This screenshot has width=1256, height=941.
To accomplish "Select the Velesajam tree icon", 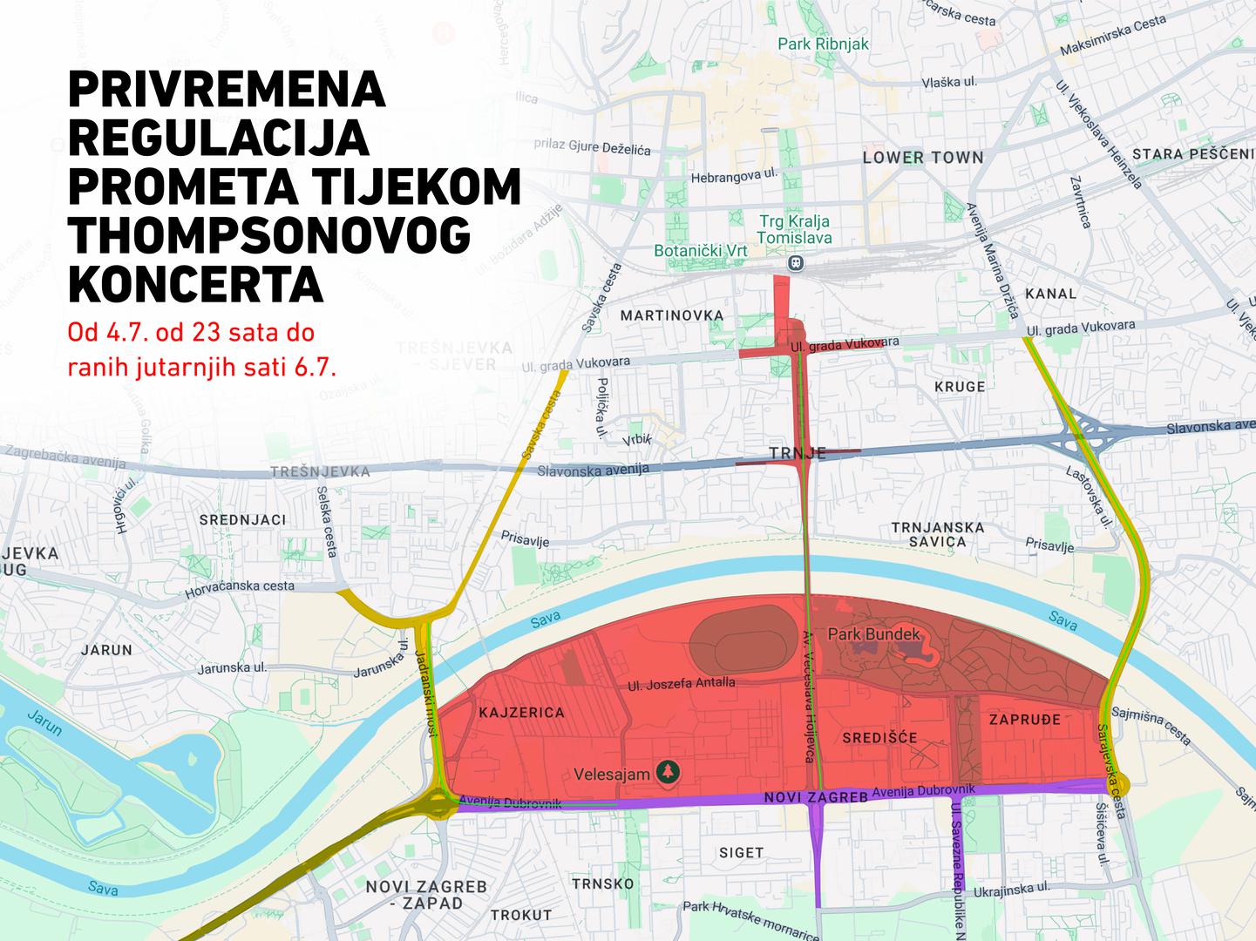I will pyautogui.click(x=668, y=772).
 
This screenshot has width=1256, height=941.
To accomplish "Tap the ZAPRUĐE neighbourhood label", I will pyautogui.click(x=1025, y=720).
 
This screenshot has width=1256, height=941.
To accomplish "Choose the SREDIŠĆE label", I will pyautogui.click(x=879, y=738).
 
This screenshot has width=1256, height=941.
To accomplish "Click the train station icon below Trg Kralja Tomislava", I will pyautogui.click(x=794, y=262).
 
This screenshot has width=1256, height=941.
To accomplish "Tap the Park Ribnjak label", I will pyautogui.click(x=823, y=44).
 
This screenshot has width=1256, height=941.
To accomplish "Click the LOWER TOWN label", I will pyautogui.click(x=922, y=158).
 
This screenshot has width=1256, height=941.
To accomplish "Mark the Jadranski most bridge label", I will pyautogui.click(x=426, y=685).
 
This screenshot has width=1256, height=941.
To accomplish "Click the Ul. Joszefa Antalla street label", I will pyautogui.click(x=681, y=684).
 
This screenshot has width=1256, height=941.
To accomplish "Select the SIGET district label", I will pyautogui.click(x=741, y=852).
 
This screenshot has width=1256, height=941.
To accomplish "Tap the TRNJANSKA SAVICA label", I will pyautogui.click(x=937, y=534).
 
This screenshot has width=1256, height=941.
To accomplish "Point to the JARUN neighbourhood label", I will pyautogui.click(x=106, y=649).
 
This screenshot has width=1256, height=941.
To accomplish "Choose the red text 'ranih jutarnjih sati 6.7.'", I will pyautogui.click(x=201, y=367).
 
